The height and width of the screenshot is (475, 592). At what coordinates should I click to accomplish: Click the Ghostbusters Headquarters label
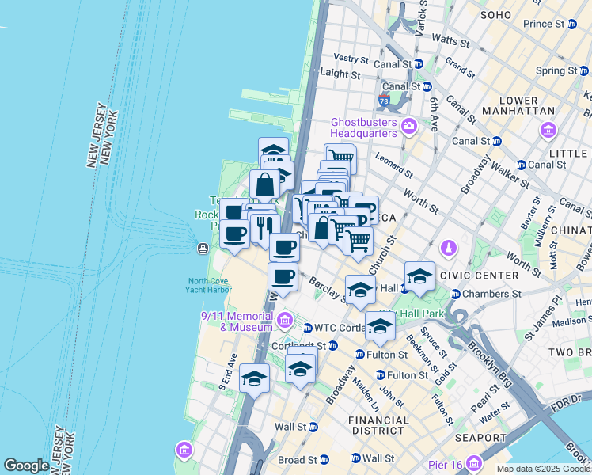[x=363, y=127]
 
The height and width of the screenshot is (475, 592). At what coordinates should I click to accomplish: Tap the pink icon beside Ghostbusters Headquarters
[x=409, y=125]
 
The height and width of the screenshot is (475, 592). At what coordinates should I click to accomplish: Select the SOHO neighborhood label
[x=496, y=14]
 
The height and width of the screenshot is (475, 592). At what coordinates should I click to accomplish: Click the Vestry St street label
[x=351, y=59]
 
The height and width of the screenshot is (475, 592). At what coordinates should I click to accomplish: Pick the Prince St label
[x=543, y=24]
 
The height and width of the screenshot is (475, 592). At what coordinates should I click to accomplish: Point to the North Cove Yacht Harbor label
[x=210, y=284]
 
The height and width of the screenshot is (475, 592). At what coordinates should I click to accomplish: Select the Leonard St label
[x=393, y=164]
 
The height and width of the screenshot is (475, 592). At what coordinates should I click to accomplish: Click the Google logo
[x=26, y=465]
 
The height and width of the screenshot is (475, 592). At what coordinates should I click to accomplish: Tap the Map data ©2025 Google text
[x=543, y=469]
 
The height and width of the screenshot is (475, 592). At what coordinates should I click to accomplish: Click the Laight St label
[x=341, y=74]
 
